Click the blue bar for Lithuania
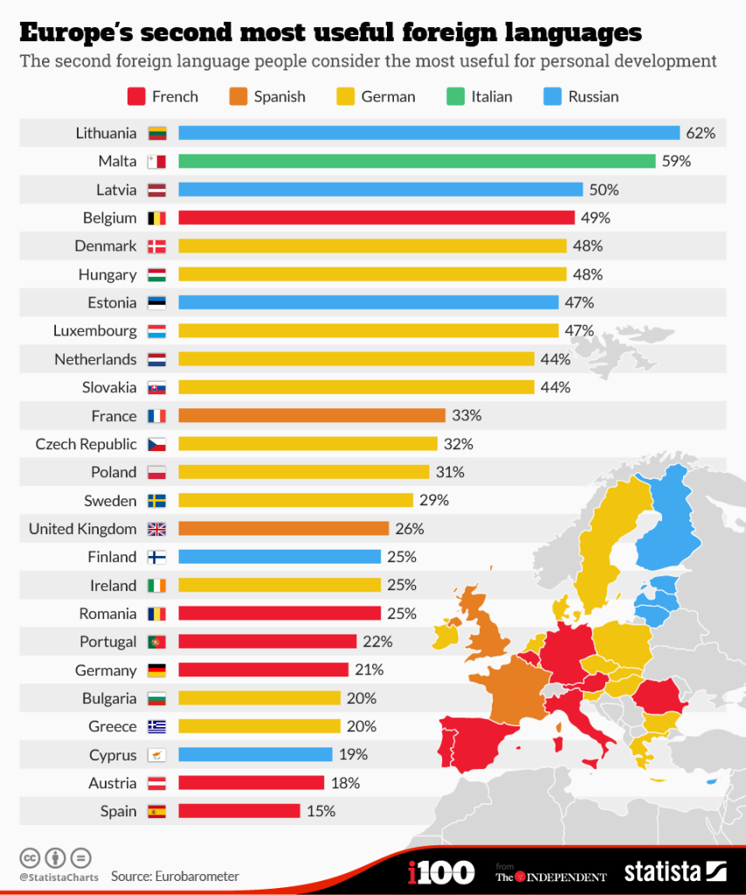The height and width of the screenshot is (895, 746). pos(429,133)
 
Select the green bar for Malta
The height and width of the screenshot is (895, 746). pos(417,161)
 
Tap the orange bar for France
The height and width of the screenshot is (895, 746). pos(312,416)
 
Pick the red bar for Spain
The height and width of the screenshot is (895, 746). pos(238,811)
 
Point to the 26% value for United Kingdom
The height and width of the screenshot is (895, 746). pos(409,529)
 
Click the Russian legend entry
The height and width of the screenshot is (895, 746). pos(593,96)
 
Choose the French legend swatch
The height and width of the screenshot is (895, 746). pos(135,96)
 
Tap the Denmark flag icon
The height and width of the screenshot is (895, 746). pos(156,246)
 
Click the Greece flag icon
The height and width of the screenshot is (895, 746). pos(156,726)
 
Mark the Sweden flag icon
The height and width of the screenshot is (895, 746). pos(156,501)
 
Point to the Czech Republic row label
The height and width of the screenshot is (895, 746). pos(86,444)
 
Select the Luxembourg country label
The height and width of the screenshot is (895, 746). pos(95,331)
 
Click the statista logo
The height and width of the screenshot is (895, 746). pos(674,871)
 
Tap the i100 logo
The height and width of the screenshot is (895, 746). pos(441,871)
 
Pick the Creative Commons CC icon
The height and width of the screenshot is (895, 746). pos(31,857)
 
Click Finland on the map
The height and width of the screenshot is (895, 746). pos(669,516)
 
